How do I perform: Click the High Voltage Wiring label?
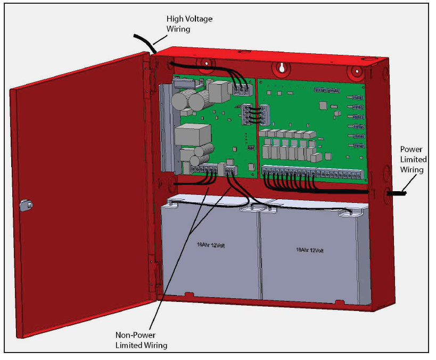190,23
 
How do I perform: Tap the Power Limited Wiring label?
413,160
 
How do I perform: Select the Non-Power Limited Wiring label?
142,340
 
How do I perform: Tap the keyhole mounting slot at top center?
281,68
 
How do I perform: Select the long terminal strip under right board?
314,174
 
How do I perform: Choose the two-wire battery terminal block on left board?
230,170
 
